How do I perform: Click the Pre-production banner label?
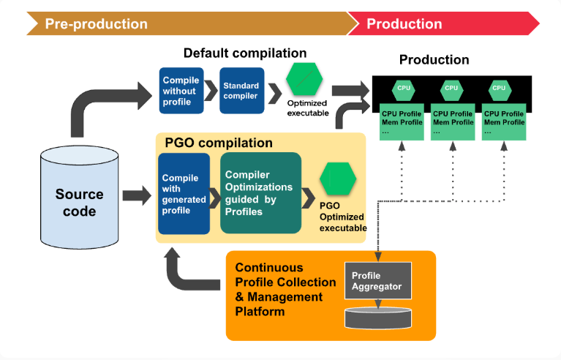97,24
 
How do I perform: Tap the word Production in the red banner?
404,24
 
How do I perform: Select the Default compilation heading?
245,53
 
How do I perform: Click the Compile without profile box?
181,91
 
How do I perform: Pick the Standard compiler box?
242,91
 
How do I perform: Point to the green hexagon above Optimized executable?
304,79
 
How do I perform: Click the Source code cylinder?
80,197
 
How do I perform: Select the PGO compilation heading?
219,143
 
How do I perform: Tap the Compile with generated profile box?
184,194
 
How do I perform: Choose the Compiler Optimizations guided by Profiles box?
261,193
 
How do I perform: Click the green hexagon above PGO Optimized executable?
338,179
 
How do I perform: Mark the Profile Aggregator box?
378,280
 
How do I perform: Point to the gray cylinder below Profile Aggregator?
378,318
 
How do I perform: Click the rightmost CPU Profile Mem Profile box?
504,122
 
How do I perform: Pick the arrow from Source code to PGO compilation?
137,195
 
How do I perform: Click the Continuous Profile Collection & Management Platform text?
285,290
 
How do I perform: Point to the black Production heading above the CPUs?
434,60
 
